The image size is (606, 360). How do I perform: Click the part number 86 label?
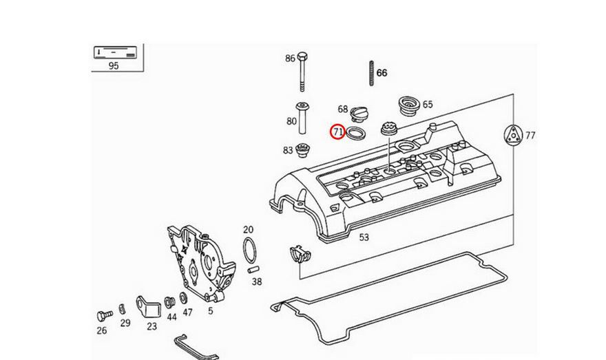290,59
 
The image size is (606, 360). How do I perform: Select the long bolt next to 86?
302,72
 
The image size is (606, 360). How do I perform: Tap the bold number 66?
382,73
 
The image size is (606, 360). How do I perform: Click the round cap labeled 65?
410,107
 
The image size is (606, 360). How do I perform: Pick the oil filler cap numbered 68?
362,113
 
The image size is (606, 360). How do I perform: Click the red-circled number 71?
337,131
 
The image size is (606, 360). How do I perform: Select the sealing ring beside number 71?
356,132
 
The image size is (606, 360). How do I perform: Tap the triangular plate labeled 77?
513,135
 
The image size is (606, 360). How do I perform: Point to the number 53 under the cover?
364,237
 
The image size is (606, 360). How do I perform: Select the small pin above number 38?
253,268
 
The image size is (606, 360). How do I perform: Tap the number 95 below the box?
114,66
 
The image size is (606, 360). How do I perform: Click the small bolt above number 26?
104,315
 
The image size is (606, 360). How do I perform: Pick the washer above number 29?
122,307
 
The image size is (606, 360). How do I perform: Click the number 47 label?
187,313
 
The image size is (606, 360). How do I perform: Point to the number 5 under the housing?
210,311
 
